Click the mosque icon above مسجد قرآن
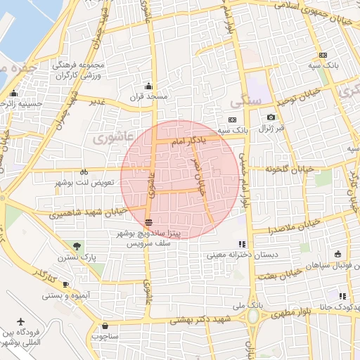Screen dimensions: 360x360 pyautogui.click(x=148, y=86)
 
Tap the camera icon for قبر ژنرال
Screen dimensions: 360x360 pyautogui.click(x=271, y=117)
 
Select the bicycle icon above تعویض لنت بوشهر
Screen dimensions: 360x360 pyautogui.click(x=84, y=172)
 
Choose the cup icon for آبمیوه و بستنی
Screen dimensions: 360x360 pyautogui.click(x=65, y=285)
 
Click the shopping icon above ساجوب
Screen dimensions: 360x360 pyautogui.click(x=105, y=326)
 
